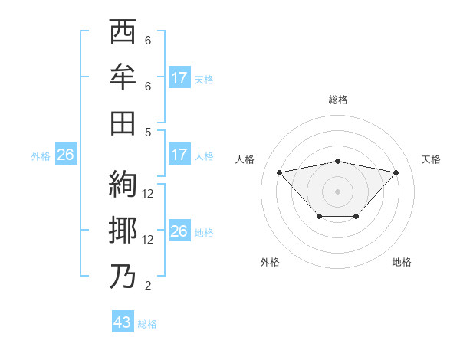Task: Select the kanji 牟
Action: point(123,77)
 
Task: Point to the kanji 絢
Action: point(123,184)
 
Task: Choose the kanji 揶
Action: point(123,230)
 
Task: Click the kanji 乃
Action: point(123,276)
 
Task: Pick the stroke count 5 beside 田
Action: point(147,132)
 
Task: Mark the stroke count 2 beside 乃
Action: point(147,286)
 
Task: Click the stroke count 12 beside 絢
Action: point(149,194)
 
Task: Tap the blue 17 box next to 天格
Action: point(179,78)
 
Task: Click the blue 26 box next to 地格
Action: point(179,232)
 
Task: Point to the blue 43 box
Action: point(123,322)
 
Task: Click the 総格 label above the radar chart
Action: point(337,100)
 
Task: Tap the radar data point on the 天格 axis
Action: point(396,172)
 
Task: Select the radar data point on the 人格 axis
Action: point(279,172)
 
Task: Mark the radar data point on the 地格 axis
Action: point(356,217)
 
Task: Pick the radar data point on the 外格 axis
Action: point(319,217)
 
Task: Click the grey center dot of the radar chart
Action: point(337,191)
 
